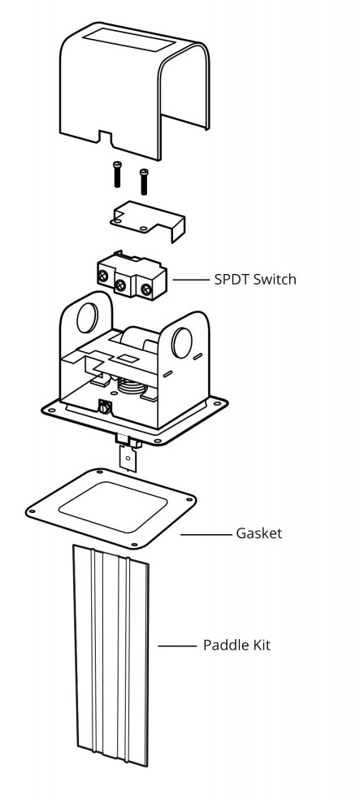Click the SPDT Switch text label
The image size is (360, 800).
[x=255, y=280]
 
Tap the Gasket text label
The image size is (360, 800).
[x=258, y=533]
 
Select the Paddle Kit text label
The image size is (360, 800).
[x=236, y=645]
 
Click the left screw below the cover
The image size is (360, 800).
[x=118, y=174]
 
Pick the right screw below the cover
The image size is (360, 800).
[x=144, y=181]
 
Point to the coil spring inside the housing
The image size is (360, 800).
[x=132, y=386]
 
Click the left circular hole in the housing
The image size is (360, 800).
[x=87, y=318]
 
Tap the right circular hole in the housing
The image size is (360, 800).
[x=181, y=343]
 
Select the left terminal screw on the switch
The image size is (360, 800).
[x=103, y=276]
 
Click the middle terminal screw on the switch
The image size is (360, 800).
[x=120, y=285]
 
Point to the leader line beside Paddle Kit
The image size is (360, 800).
[x=177, y=646]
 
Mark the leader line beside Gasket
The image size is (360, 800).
[x=206, y=535]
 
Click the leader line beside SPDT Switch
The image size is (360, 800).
[x=191, y=280]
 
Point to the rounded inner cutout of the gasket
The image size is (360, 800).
[x=111, y=507]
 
